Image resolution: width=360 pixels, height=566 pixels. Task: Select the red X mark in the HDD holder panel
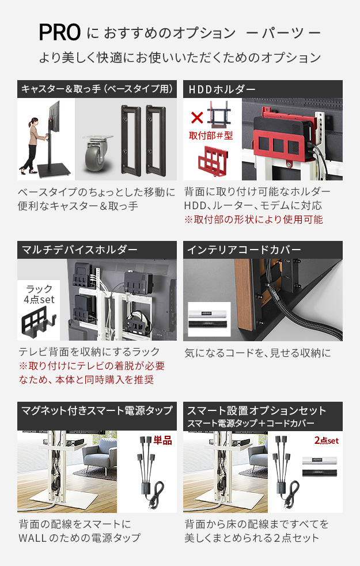(197, 118)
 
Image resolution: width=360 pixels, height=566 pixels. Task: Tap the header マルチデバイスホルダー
(79, 250)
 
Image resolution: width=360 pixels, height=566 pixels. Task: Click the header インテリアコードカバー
(244, 250)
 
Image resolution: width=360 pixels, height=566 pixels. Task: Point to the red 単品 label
(162, 440)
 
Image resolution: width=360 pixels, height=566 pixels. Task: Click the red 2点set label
(327, 440)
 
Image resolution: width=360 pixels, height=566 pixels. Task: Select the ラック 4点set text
(39, 294)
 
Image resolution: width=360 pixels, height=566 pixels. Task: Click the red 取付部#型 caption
(211, 135)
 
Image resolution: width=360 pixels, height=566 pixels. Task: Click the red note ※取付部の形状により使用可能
(253, 220)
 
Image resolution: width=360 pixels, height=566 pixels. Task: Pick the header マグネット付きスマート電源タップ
(97, 411)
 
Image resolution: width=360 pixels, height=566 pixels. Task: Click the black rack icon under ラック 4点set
(39, 321)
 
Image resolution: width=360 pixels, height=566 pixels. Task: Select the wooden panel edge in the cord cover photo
(244, 295)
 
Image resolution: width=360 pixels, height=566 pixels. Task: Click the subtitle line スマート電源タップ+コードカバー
(251, 423)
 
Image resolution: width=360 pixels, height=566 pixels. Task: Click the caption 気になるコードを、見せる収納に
(257, 353)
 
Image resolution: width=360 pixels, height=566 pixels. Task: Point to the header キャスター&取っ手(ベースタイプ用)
(97, 89)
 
